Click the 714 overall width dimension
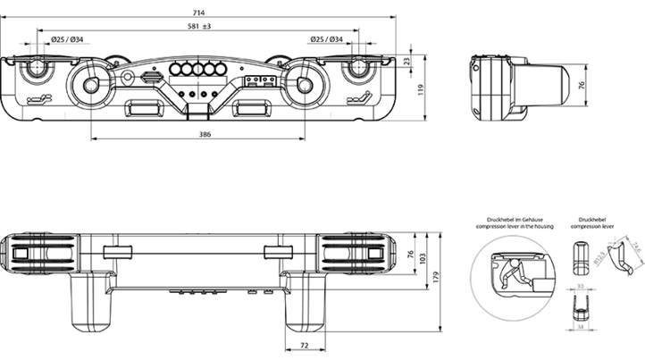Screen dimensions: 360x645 tap(197, 12)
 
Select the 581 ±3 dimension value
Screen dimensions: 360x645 tap(198, 27)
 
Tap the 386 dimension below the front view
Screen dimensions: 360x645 tap(205, 135)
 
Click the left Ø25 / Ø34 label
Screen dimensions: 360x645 tap(66, 39)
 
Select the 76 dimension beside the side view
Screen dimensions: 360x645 tap(582, 86)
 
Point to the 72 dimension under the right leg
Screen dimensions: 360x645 tap(304, 344)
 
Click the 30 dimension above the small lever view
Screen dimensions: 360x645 tap(580, 285)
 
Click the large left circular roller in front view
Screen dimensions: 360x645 tap(90, 86)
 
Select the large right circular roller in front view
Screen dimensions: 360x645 tap(305, 86)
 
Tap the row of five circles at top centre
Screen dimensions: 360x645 tap(197, 70)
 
